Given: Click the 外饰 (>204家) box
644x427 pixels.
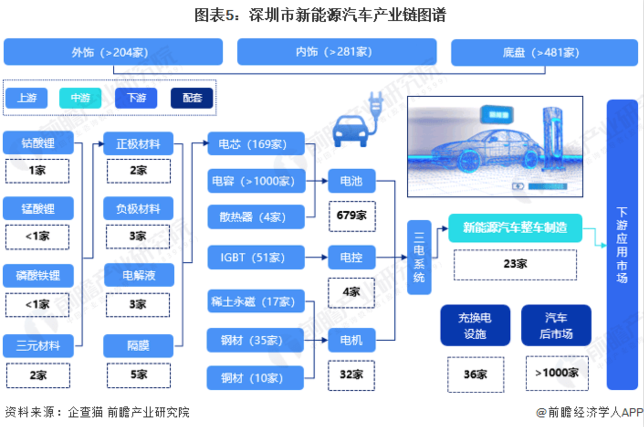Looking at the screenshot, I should click(113, 52).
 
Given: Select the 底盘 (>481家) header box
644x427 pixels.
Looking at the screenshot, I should click(544, 53).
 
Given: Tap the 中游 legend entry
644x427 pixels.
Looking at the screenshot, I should click(80, 98).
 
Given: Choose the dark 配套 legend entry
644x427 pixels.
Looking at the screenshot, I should click(192, 98).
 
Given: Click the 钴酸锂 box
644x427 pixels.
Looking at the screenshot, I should click(38, 143).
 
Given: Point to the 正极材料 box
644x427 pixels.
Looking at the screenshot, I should click(138, 144).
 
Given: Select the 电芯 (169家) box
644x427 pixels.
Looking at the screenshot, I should click(256, 144).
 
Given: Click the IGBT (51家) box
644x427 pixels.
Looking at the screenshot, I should click(256, 257).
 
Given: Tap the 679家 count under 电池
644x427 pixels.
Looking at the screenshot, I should click(351, 216).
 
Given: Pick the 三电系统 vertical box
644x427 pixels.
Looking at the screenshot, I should click(419, 257).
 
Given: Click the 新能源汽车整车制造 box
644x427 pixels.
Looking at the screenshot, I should click(515, 227).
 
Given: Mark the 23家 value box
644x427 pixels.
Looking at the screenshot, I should click(515, 264).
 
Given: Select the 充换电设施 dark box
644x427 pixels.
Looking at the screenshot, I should click(475, 325).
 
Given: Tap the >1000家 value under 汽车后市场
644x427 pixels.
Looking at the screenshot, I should click(557, 373).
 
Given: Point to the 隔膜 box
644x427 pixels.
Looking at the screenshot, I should click(138, 346).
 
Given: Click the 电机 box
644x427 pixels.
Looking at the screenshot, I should click(351, 340).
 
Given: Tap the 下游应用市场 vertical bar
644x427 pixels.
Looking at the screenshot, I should click(622, 244).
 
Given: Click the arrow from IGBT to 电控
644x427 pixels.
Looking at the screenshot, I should click(316, 257).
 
